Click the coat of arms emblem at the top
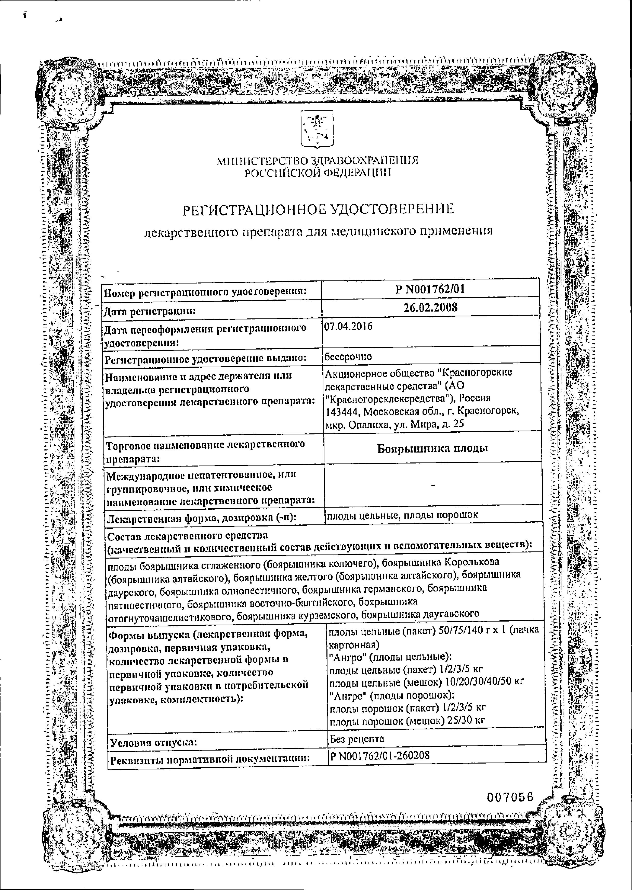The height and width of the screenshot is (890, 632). pyautogui.click(x=317, y=129)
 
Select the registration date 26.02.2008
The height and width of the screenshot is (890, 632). pyautogui.click(x=430, y=307)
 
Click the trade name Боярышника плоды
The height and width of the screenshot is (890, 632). pyautogui.click(x=432, y=448)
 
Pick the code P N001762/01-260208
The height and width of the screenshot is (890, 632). pyautogui.click(x=380, y=756)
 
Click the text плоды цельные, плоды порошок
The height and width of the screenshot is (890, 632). pyautogui.click(x=402, y=515)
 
